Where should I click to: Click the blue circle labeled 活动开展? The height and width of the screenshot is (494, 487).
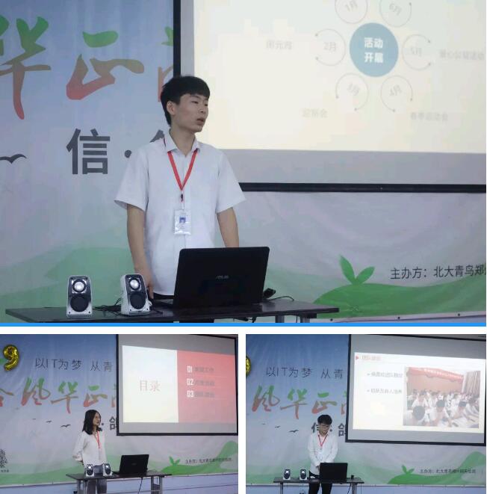click(373, 49)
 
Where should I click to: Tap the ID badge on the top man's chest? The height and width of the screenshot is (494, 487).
click(182, 221)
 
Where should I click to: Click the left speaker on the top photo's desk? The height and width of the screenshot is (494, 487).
click(79, 295)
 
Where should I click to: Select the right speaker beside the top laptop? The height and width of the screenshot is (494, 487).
click(134, 293)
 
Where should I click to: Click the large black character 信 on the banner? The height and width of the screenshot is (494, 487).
click(87, 151)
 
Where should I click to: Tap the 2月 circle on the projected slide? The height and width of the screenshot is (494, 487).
click(330, 46)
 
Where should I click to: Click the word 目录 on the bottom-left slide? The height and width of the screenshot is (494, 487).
click(149, 386)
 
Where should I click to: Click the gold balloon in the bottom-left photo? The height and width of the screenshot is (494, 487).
click(9, 356)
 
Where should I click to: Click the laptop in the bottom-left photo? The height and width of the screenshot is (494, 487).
click(133, 465)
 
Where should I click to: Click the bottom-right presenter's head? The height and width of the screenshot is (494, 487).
click(324, 422)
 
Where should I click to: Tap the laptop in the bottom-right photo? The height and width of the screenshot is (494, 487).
click(332, 472)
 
